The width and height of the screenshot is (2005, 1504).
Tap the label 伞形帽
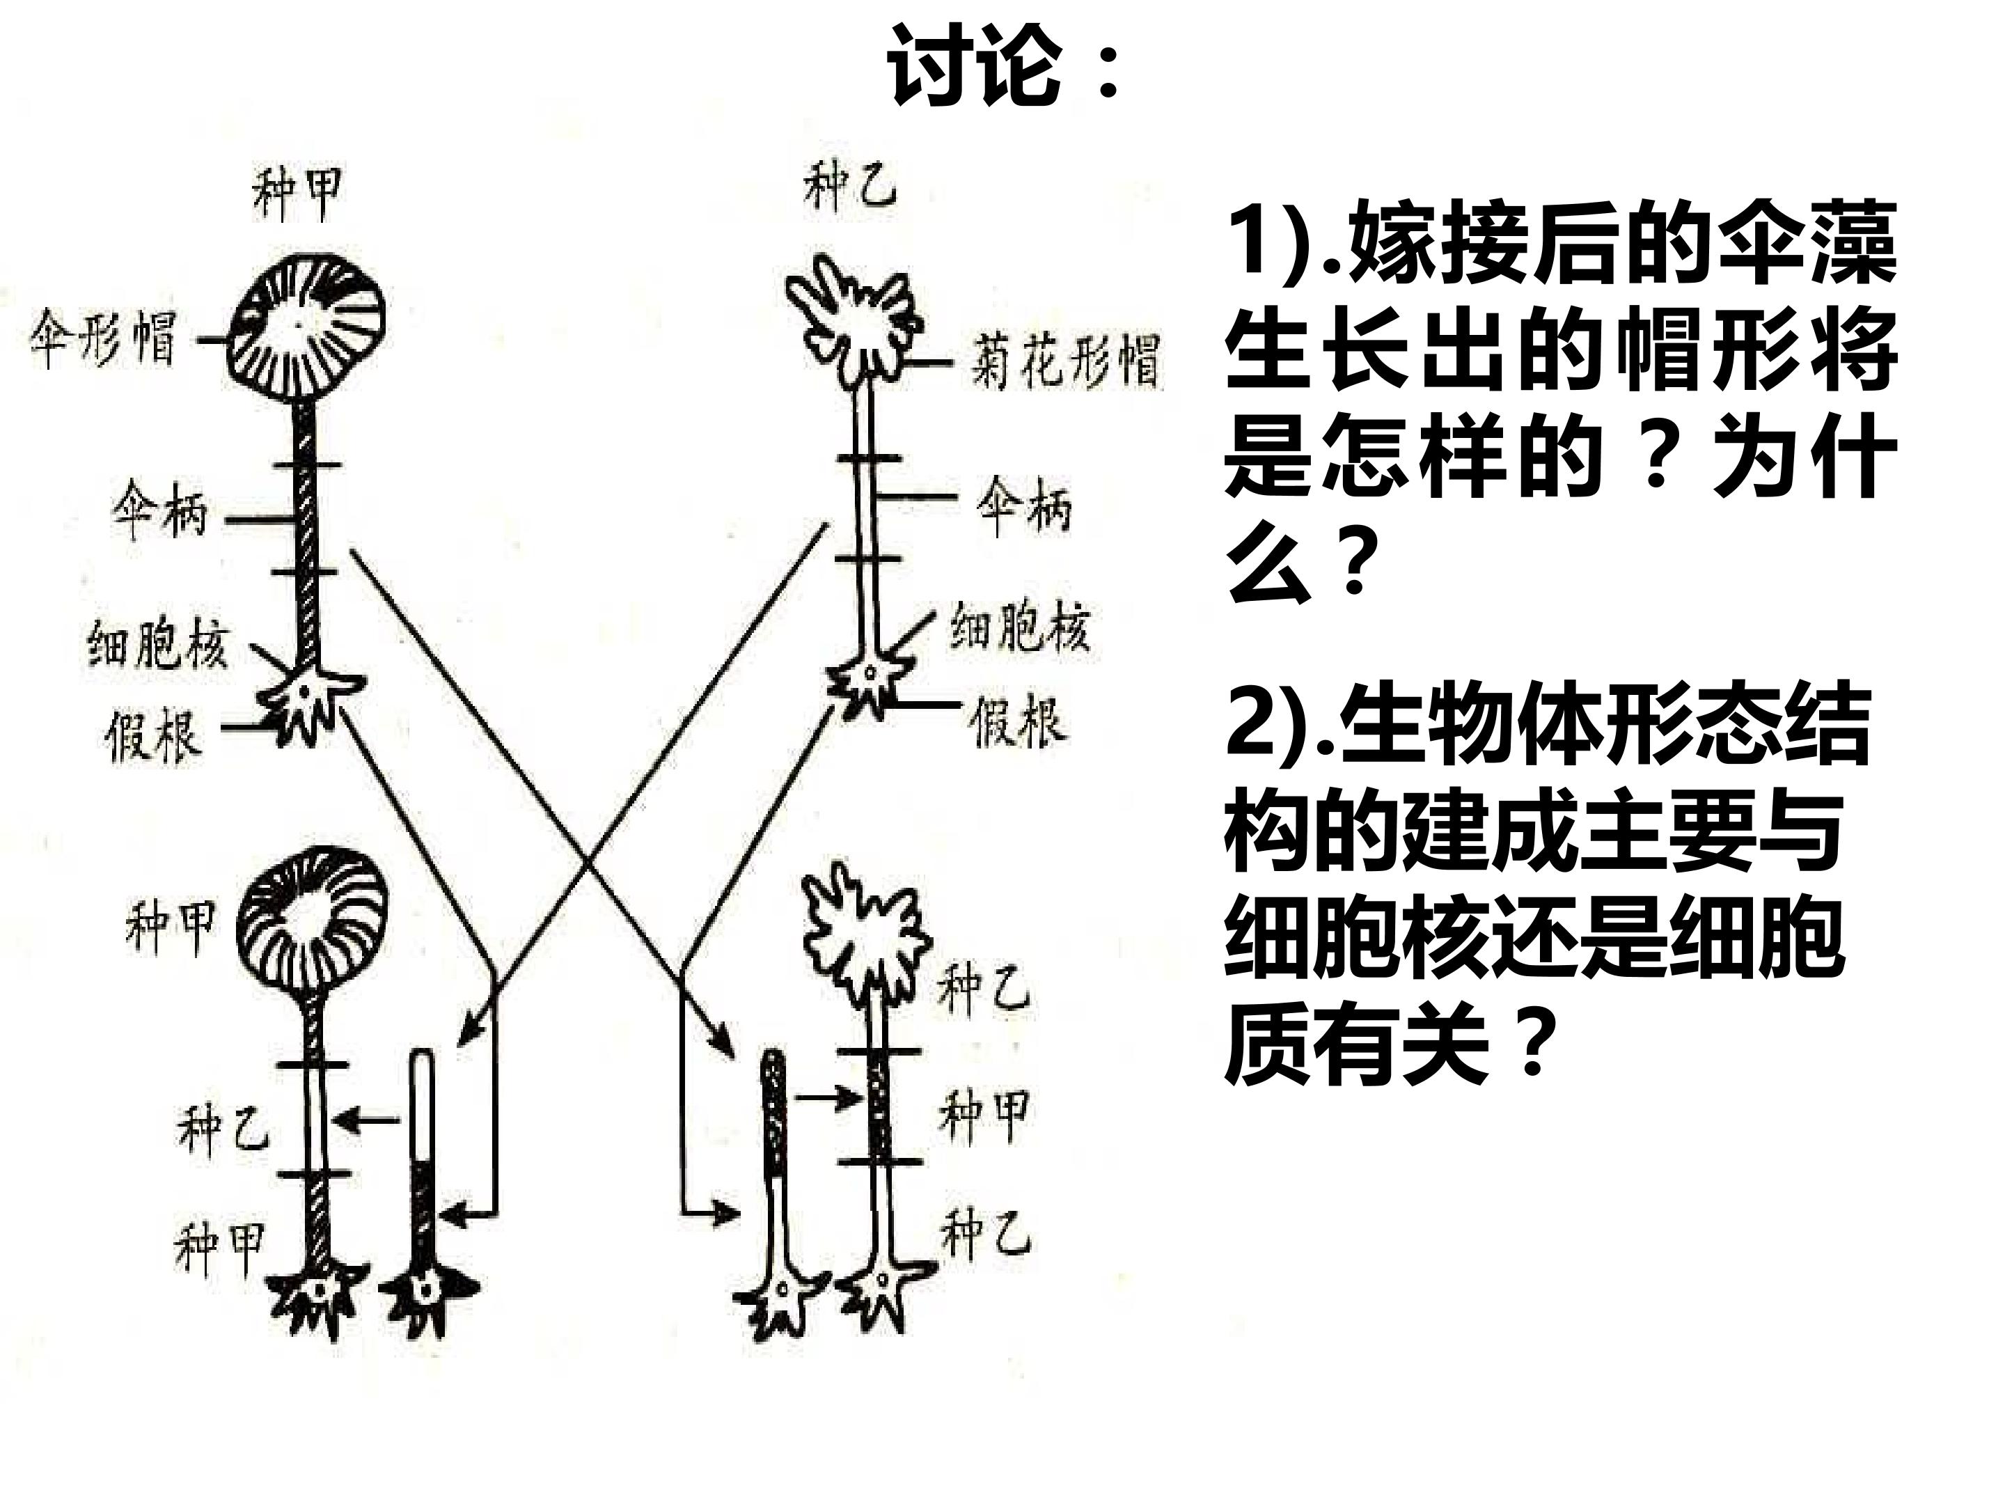point(102,339)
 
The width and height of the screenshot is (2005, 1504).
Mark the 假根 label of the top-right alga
point(1017,721)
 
